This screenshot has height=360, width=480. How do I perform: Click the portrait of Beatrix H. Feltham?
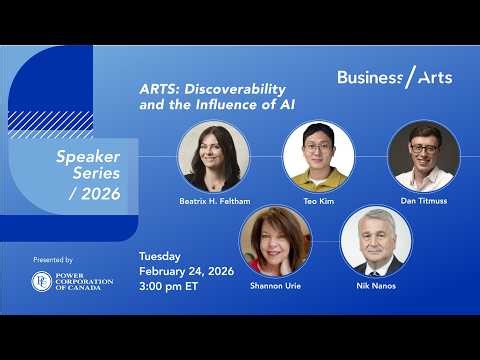[214, 156]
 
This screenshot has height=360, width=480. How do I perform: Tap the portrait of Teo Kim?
[319, 156]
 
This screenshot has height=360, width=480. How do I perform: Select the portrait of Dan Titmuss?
[423, 156]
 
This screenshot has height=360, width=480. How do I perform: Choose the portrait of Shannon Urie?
[275, 241]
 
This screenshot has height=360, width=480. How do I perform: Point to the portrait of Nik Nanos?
[376, 241]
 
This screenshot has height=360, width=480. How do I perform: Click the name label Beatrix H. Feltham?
[214, 201]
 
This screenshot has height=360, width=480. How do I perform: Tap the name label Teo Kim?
[319, 201]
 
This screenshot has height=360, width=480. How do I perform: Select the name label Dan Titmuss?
[423, 201]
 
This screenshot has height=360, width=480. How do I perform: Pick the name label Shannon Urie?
[275, 285]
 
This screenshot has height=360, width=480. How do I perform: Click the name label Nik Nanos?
[376, 285]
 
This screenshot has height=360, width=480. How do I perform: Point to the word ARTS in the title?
[158, 87]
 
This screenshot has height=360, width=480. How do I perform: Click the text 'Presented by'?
[53, 259]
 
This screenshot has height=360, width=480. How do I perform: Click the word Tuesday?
[161, 255]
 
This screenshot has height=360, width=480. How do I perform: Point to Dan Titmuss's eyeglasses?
[423, 148]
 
